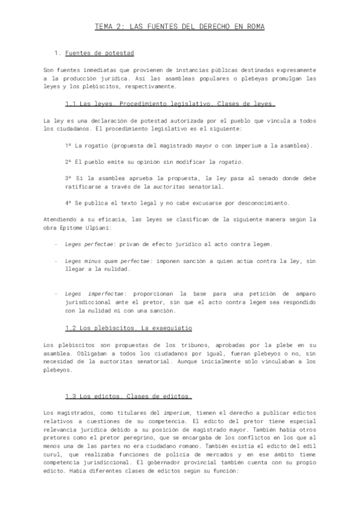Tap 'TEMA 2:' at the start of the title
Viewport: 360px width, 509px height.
point(109,27)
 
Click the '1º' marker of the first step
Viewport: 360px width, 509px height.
point(68,146)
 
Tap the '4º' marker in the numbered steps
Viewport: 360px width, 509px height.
point(68,202)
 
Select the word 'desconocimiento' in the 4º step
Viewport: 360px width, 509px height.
point(262,202)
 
